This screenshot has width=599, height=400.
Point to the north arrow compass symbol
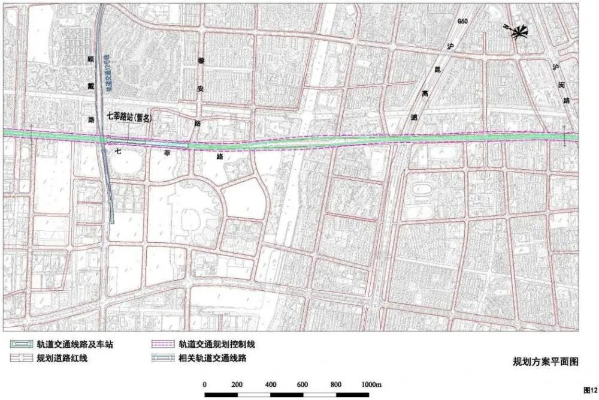516,32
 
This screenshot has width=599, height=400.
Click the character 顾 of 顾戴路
91,61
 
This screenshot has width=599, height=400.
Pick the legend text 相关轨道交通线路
213,359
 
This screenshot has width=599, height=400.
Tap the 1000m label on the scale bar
371,384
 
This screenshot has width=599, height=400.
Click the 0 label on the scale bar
205,384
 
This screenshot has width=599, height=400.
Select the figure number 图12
590,389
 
